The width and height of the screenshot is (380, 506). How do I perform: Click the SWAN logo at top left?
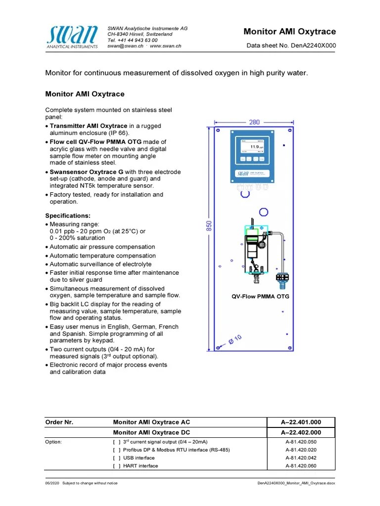(x=72, y=37)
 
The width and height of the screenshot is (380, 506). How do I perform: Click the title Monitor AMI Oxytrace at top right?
(x=289, y=32)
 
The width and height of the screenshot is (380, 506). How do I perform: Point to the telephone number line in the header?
(x=133, y=40)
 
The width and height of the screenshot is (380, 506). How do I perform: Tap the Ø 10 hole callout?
(x=235, y=340)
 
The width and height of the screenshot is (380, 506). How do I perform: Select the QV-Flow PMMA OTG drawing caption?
(x=260, y=296)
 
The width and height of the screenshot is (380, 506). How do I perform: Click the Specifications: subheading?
(x=68, y=216)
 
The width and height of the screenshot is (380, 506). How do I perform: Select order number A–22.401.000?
(x=301, y=422)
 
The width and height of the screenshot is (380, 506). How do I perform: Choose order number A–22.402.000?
(x=301, y=432)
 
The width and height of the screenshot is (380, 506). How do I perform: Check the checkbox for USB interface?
(x=117, y=458)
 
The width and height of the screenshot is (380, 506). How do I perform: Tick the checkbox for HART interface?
(x=117, y=466)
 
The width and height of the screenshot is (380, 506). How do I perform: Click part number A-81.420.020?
(x=301, y=450)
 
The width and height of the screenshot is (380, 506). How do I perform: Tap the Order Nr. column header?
(x=59, y=422)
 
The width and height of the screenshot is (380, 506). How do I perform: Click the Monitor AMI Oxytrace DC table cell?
(x=151, y=432)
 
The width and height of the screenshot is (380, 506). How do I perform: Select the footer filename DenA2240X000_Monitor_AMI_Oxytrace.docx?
(x=296, y=483)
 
